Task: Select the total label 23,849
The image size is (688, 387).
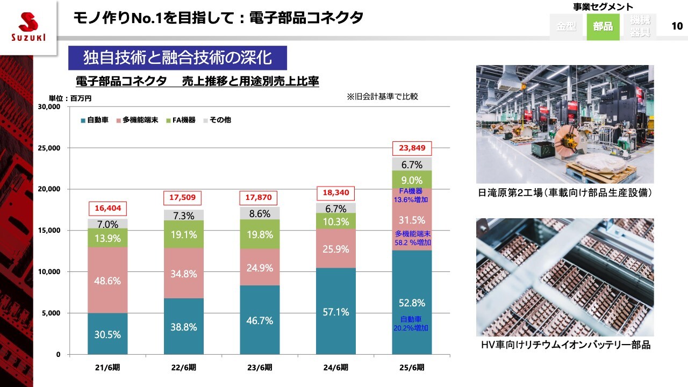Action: pos(412,147)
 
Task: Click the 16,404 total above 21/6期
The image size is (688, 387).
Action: pos(107,209)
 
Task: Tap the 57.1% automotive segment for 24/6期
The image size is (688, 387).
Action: pos(336,312)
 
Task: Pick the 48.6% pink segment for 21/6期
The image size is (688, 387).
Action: pos(107,281)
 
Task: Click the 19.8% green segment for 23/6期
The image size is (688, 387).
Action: pos(260,234)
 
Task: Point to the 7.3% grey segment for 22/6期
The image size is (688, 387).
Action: pos(183,215)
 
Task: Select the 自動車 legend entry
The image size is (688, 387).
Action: pos(94,120)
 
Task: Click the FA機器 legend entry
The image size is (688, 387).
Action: pos(181,120)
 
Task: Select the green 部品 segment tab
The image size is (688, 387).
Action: pos(603,26)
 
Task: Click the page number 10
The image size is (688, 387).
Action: pos(677,26)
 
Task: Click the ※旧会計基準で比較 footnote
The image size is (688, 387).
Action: pos(382,97)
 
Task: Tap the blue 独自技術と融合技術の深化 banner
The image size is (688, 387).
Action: pos(177,58)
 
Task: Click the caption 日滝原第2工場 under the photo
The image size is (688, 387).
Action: pos(564,192)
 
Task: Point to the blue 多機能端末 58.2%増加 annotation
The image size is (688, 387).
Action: pos(413,238)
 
